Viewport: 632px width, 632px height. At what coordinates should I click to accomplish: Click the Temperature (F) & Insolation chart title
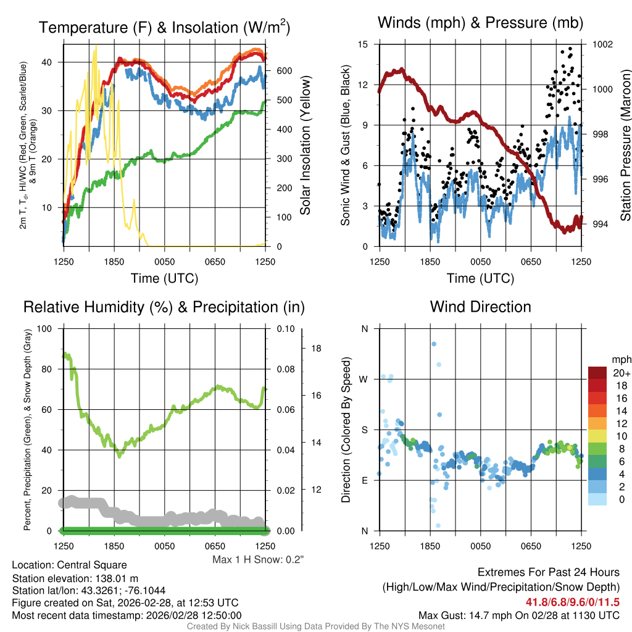click(x=164, y=28)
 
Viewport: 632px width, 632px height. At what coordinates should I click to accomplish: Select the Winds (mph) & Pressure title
click(x=480, y=23)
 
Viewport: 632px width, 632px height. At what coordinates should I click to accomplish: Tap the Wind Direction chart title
click(x=480, y=307)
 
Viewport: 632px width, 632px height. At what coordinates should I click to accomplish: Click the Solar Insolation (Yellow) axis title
click(x=305, y=146)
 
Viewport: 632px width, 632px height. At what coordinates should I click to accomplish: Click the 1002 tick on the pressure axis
click(x=602, y=44)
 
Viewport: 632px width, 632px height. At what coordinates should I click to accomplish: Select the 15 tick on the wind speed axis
click(x=363, y=44)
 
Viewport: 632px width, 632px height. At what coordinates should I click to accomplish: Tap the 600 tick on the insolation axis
click(x=283, y=71)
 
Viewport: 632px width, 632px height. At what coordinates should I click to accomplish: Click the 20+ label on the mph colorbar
click(x=620, y=373)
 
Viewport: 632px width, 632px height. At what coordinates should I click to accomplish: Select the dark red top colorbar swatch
click(x=598, y=373)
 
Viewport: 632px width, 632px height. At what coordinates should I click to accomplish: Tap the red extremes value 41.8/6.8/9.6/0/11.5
click(x=572, y=602)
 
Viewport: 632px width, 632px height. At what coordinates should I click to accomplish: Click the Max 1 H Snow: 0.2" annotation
click(x=258, y=559)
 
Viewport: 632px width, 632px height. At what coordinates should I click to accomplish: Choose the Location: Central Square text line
click(x=69, y=565)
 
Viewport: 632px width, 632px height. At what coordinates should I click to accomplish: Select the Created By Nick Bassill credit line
click(x=315, y=626)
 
